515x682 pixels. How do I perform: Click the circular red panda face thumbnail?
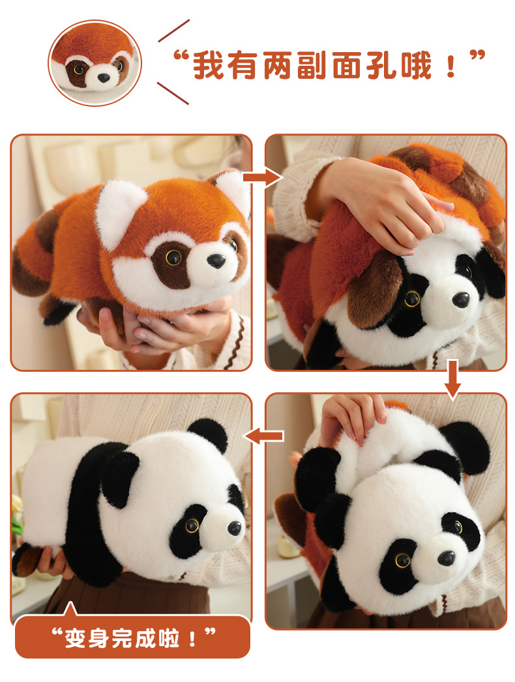point(95,63)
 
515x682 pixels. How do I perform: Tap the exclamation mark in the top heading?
point(451,66)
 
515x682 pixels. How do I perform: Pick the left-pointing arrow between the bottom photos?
point(264,436)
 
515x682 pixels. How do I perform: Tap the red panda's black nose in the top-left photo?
point(216,261)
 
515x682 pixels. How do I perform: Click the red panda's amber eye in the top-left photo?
point(173,257)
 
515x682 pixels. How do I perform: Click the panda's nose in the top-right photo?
point(461,300)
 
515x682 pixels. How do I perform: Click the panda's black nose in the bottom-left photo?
point(235,528)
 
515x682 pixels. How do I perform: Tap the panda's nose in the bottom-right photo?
point(446,558)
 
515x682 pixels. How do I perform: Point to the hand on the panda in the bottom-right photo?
point(353,419)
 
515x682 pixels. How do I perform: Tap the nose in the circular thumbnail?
point(103,78)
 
